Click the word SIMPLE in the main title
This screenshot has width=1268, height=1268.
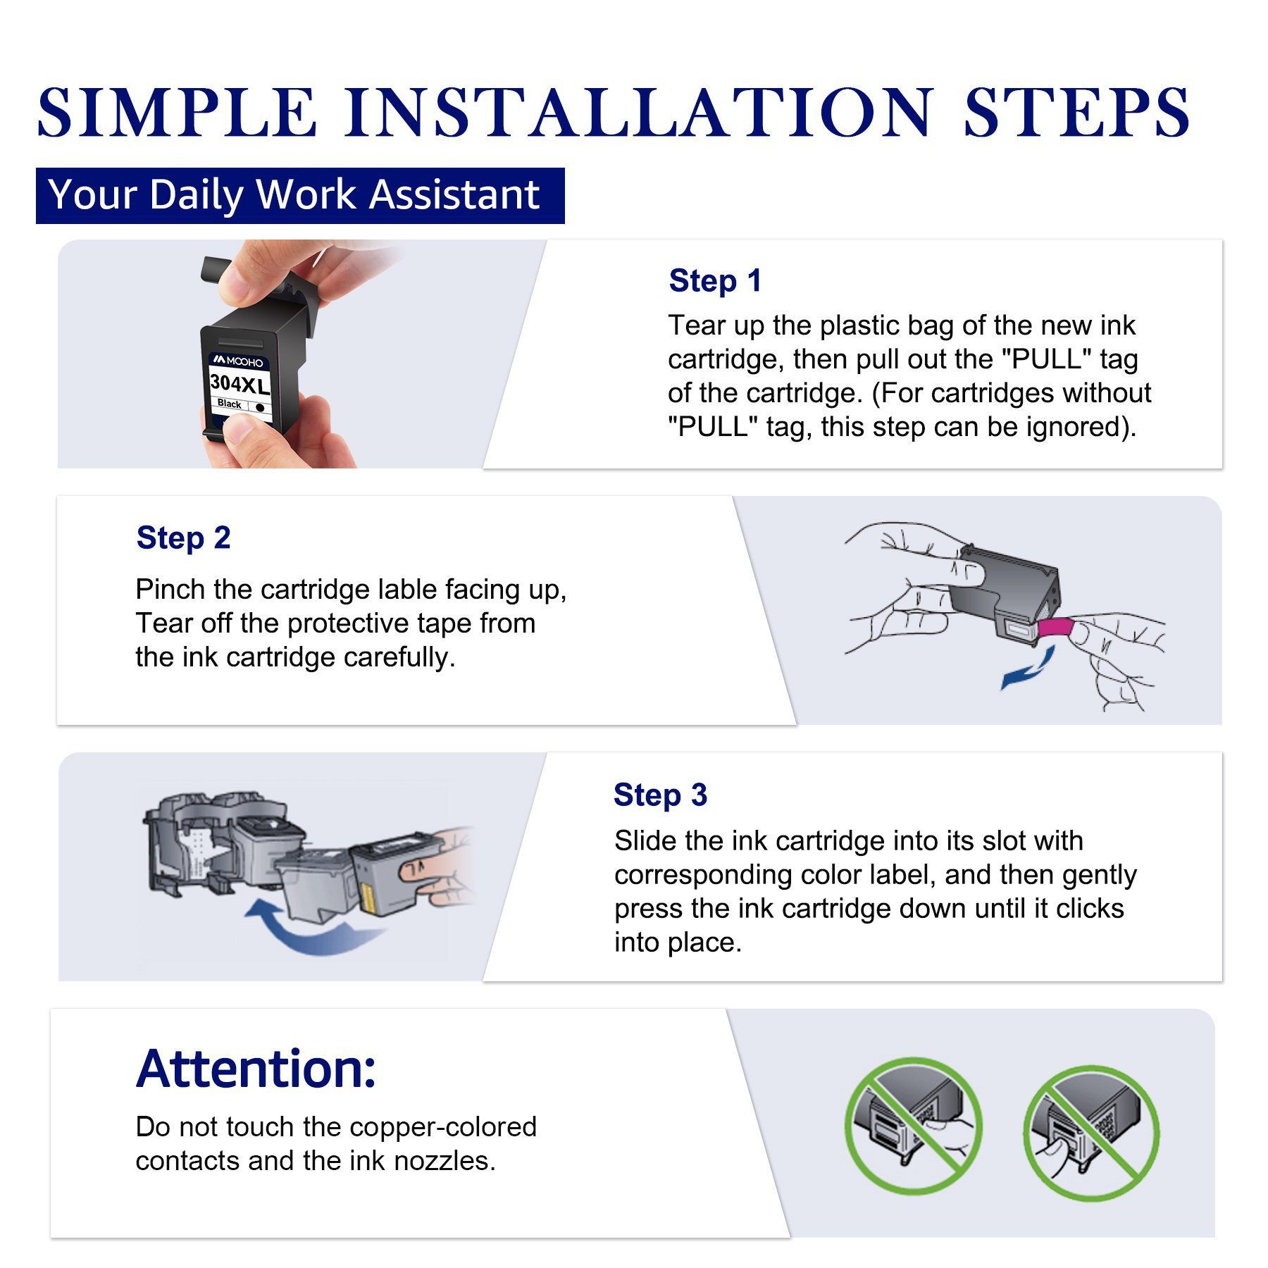coord(176,112)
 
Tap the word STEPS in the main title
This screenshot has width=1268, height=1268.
coord(1076,112)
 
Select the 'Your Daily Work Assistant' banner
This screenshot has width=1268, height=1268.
coord(300,195)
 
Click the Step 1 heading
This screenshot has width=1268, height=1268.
coord(715,280)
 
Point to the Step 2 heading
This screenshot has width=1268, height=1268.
coord(183,537)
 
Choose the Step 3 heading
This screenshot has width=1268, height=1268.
coord(660,795)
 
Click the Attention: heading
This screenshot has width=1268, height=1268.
coord(256,1069)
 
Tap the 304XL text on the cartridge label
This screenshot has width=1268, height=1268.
coord(240,385)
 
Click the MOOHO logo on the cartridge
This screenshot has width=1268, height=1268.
coord(239,361)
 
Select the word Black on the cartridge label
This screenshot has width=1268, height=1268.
coord(230,404)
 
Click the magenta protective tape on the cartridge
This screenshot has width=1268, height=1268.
coord(1055,626)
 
